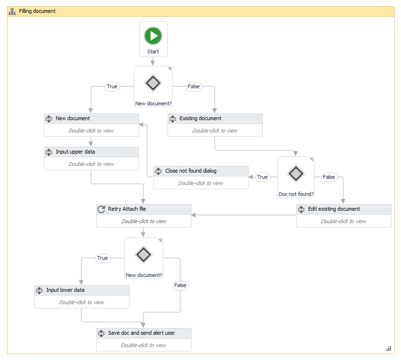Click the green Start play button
(x=153, y=36)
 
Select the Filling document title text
(x=37, y=11)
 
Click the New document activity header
(x=91, y=119)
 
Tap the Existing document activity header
(x=215, y=119)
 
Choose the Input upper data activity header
(x=91, y=152)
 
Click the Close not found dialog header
(x=201, y=171)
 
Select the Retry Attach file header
(x=144, y=209)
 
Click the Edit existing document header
(x=344, y=209)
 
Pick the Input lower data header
(x=82, y=290)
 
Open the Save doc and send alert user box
(x=144, y=339)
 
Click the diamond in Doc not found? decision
(x=296, y=174)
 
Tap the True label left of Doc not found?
(x=262, y=177)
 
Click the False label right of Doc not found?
(x=329, y=177)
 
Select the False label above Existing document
(x=194, y=87)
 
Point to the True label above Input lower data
(x=102, y=258)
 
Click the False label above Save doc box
(x=180, y=285)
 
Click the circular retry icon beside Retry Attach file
(x=101, y=209)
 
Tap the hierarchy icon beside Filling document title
(x=12, y=11)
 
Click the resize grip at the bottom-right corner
(x=389, y=349)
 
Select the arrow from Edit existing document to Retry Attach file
(x=243, y=215)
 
